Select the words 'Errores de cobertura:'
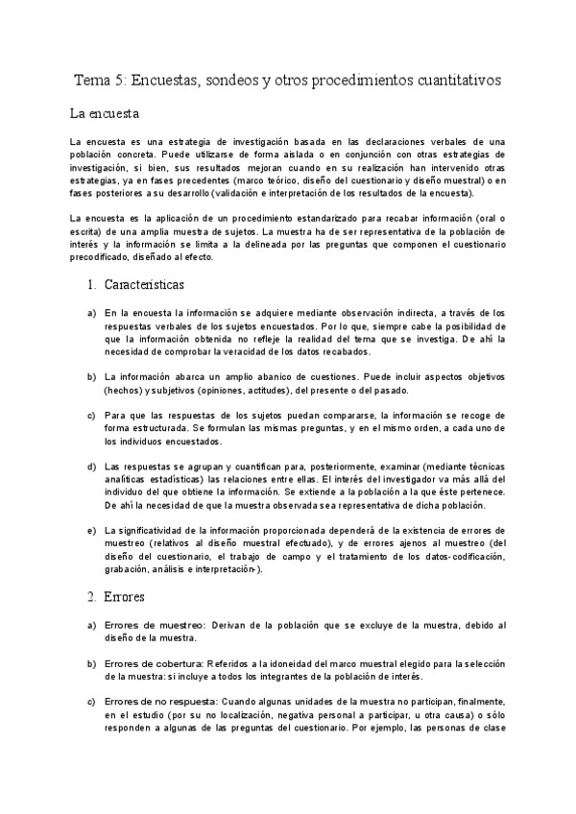tap(148, 664)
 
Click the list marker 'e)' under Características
tap(91, 531)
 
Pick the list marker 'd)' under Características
tap(91, 467)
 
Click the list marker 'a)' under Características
tap(91, 313)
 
